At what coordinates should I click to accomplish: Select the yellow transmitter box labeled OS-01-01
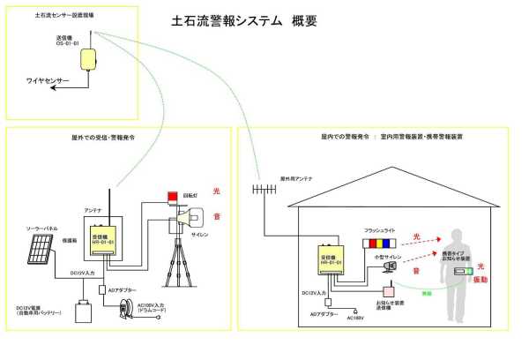pyautogui.click(x=89, y=60)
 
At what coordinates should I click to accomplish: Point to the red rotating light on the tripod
pyautogui.click(x=171, y=197)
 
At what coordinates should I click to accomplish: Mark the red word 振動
pyautogui.click(x=481, y=279)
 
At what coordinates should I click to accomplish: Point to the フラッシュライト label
pyautogui.click(x=381, y=230)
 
